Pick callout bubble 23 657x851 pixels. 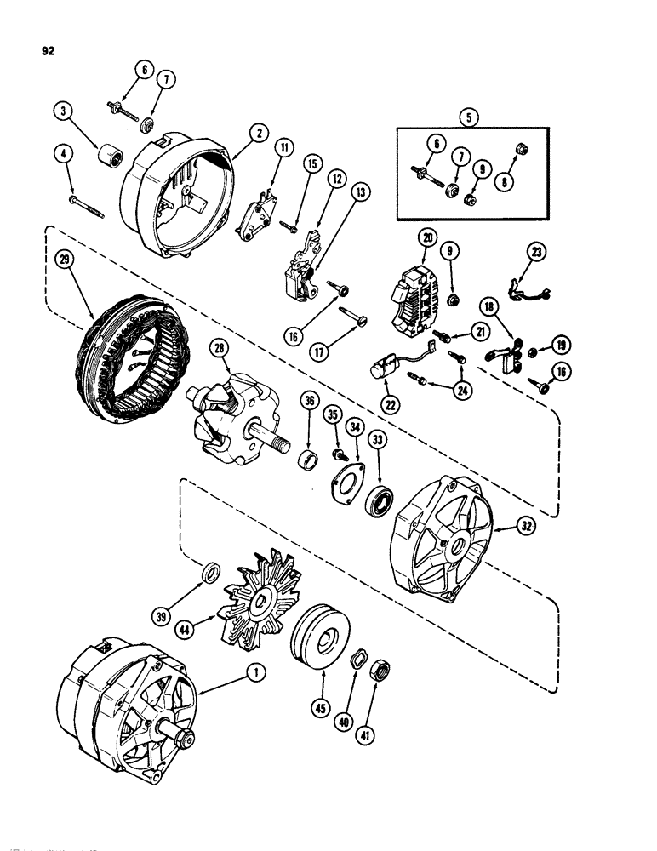[x=537, y=252]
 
